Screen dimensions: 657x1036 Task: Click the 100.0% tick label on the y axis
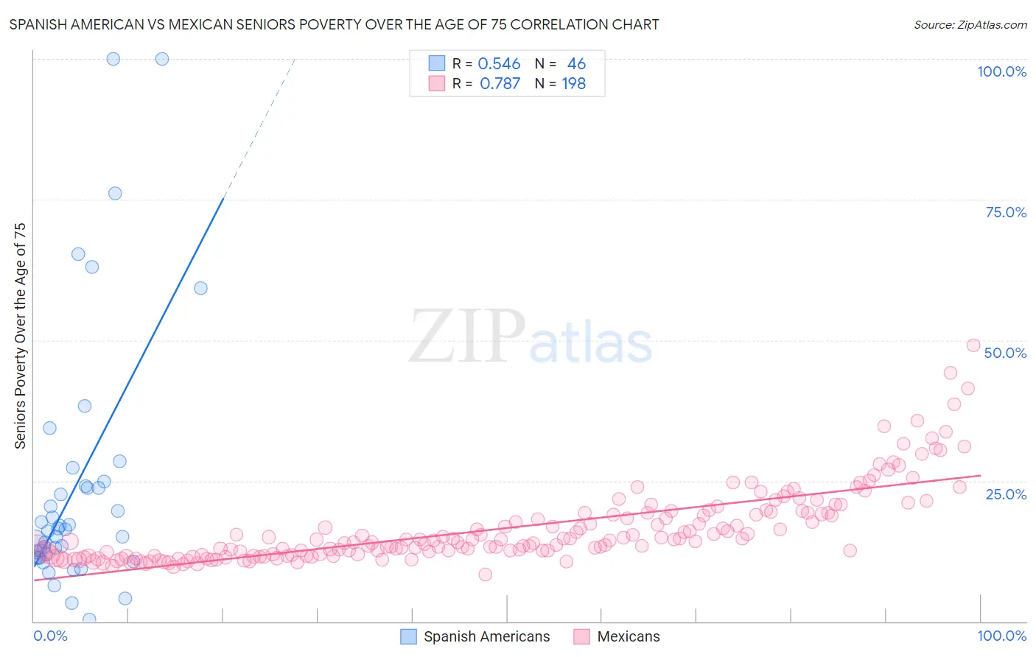coord(1001,71)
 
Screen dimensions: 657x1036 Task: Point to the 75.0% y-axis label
coord(1006,212)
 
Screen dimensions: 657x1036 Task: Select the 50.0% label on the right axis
coord(1005,353)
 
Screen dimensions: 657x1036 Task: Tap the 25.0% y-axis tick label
coord(1006,493)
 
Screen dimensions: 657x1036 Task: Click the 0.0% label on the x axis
coord(50,636)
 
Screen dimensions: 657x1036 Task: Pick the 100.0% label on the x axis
coord(1001,636)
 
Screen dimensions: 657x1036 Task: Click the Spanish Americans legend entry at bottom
coord(486,636)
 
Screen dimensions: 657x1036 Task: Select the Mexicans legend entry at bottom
coord(628,636)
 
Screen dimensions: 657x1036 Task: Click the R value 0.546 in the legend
coord(499,64)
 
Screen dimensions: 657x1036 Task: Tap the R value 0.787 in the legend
coord(500,84)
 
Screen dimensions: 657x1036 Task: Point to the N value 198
coord(573,84)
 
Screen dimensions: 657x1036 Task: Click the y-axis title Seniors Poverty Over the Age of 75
coord(21,335)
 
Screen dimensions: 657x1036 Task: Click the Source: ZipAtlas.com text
coord(970,25)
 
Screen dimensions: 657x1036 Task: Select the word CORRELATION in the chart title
coord(564,24)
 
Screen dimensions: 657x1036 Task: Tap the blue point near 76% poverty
coord(115,193)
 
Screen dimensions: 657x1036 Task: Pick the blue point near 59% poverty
coord(200,288)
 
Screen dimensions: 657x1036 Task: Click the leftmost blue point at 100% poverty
coord(113,59)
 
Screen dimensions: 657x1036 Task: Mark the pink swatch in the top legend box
coord(437,83)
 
